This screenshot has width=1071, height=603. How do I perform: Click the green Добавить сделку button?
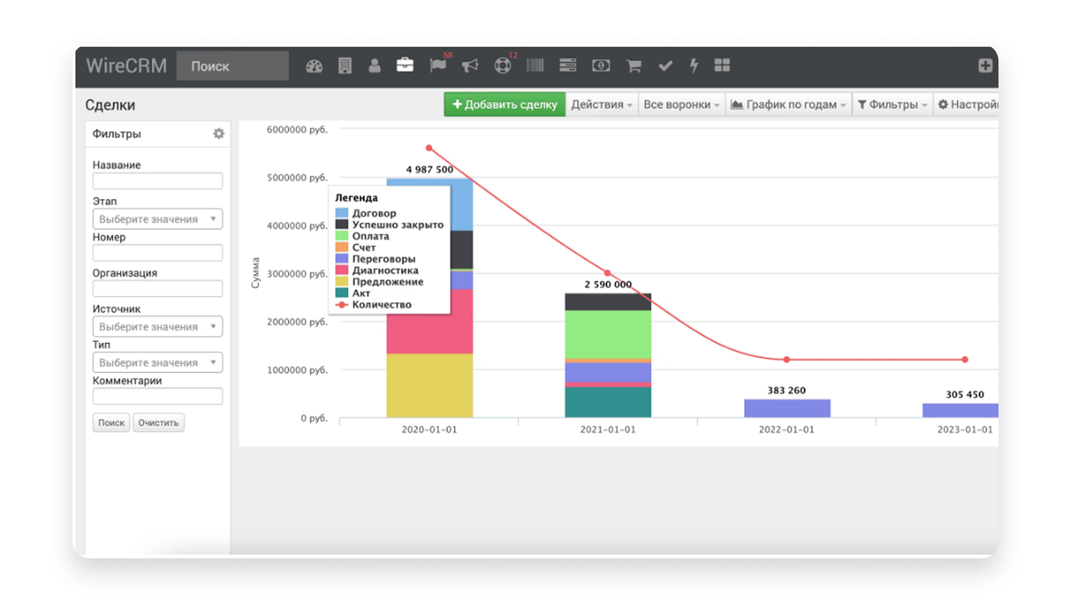pos(504,104)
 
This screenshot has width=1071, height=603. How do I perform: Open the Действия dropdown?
pos(601,104)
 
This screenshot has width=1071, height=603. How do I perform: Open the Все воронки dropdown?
pos(681,104)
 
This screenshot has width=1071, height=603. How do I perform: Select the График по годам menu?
pos(788,104)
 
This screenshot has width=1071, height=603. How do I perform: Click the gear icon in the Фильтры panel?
pos(219,133)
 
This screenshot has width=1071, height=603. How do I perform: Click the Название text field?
pos(157,181)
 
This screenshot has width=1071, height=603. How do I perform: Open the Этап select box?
pos(157,219)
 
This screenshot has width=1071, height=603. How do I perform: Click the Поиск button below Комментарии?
pos(111,423)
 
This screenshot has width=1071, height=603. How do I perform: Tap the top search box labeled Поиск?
pos(233,66)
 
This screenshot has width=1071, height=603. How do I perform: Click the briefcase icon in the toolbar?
pos(405,65)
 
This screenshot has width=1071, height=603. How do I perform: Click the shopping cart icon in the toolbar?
pos(634,66)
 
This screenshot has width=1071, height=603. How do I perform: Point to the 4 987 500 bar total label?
pos(430,169)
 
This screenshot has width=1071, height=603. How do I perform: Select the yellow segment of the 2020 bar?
pos(430,385)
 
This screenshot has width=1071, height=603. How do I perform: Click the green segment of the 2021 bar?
pos(608,334)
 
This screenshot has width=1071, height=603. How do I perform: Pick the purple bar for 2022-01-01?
pos(787,408)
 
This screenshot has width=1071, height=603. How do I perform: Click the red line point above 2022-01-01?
pos(787,360)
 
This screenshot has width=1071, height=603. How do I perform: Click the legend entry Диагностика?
pos(385,270)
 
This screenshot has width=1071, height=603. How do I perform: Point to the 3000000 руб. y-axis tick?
pos(297,274)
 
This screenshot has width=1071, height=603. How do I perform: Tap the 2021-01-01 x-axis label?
pos(608,429)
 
